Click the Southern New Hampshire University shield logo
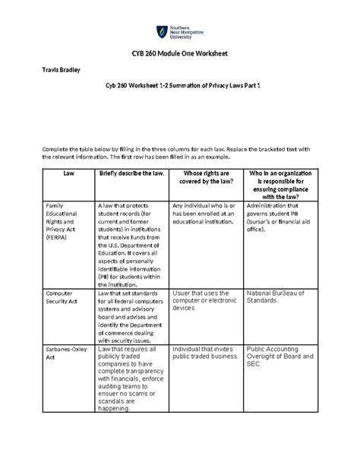pos(161,33)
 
